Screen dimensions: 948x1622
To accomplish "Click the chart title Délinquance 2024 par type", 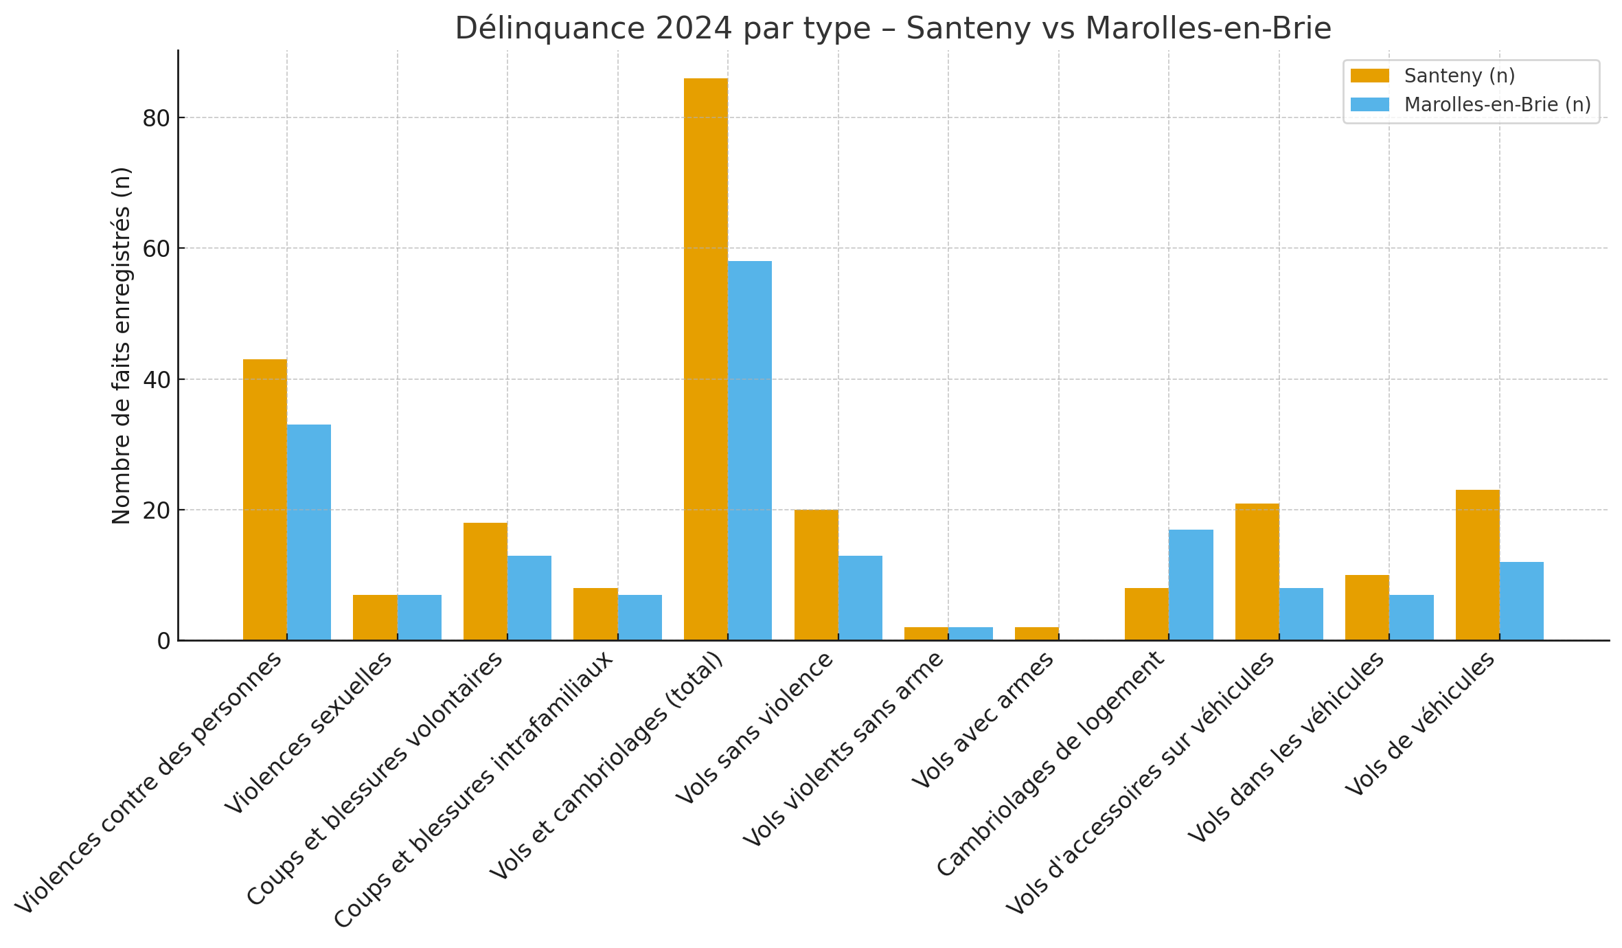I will [x=893, y=29].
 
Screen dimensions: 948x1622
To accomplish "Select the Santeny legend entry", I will [x=1459, y=76].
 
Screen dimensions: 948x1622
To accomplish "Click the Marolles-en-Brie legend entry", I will [x=1497, y=104].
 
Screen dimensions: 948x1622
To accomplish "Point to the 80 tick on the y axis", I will [x=156, y=118].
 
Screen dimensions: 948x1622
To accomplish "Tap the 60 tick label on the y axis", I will [x=156, y=249].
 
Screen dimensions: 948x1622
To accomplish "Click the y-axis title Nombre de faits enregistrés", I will [x=121, y=345].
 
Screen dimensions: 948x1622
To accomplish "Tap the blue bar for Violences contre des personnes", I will [x=308, y=532].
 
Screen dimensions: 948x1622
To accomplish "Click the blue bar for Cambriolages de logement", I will [x=1191, y=585].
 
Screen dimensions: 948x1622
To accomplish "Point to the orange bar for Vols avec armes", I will [x=1036, y=634].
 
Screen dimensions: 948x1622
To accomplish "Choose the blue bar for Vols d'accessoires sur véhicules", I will [x=1301, y=614].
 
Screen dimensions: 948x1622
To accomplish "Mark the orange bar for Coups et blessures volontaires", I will [x=485, y=581].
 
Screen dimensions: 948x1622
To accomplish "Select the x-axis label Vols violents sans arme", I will [x=843, y=749].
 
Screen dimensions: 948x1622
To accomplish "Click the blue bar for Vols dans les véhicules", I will [x=1411, y=618].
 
